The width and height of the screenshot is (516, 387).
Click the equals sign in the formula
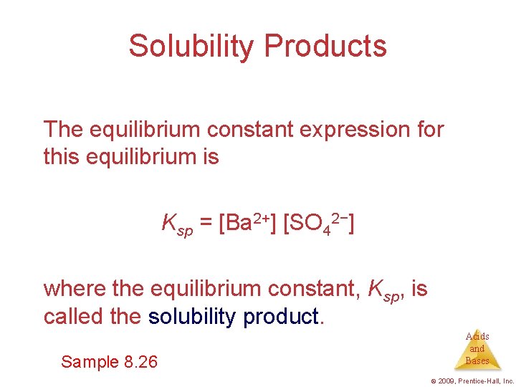[x=206, y=224]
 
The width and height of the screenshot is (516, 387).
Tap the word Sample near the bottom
[x=90, y=362]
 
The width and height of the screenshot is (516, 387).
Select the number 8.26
[x=140, y=362]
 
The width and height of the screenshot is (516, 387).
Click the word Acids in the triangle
[x=477, y=336]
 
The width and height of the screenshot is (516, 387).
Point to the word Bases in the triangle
[x=477, y=360]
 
